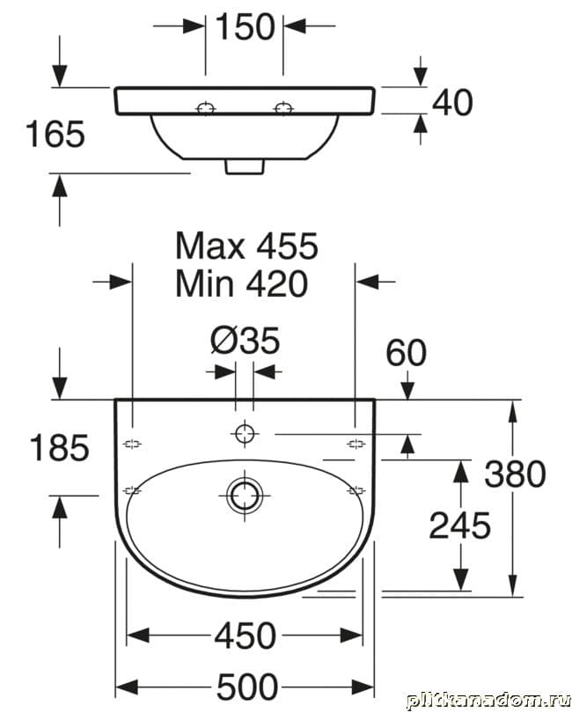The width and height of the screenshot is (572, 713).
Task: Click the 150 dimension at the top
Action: pyautogui.click(x=245, y=26)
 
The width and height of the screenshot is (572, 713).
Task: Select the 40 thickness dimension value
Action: pyautogui.click(x=452, y=102)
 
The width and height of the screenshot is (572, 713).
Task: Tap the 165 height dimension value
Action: pyautogui.click(x=55, y=134)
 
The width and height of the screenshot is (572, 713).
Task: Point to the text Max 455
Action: pyautogui.click(x=246, y=246)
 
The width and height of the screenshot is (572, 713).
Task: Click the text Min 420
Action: pyautogui.click(x=241, y=283)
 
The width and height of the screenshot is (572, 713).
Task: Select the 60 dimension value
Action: pyautogui.click(x=406, y=352)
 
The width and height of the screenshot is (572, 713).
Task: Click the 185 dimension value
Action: pyautogui.click(x=59, y=447)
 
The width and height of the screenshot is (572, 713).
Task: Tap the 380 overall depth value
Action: pyautogui.click(x=515, y=474)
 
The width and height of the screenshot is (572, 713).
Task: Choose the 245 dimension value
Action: pyautogui.click(x=459, y=526)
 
